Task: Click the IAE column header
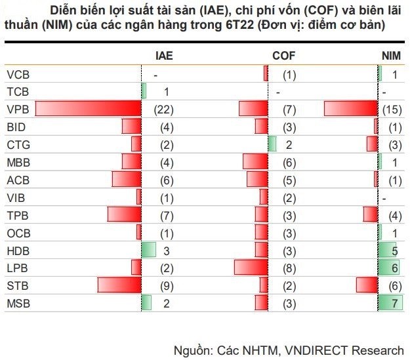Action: (x=164, y=56)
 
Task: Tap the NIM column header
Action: (x=391, y=56)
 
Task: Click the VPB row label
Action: (x=17, y=110)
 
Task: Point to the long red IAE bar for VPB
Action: (x=88, y=110)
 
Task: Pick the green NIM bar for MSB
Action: (x=389, y=302)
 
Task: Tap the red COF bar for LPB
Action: (x=251, y=268)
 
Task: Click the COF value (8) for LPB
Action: (x=289, y=268)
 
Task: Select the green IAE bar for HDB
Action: (x=149, y=250)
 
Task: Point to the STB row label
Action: (x=17, y=285)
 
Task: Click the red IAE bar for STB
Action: (x=119, y=285)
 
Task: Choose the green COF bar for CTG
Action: (x=272, y=144)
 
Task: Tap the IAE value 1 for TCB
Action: (x=167, y=92)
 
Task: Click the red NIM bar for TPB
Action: (x=371, y=214)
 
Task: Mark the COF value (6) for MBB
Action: (x=289, y=162)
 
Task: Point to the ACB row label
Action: (x=17, y=180)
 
